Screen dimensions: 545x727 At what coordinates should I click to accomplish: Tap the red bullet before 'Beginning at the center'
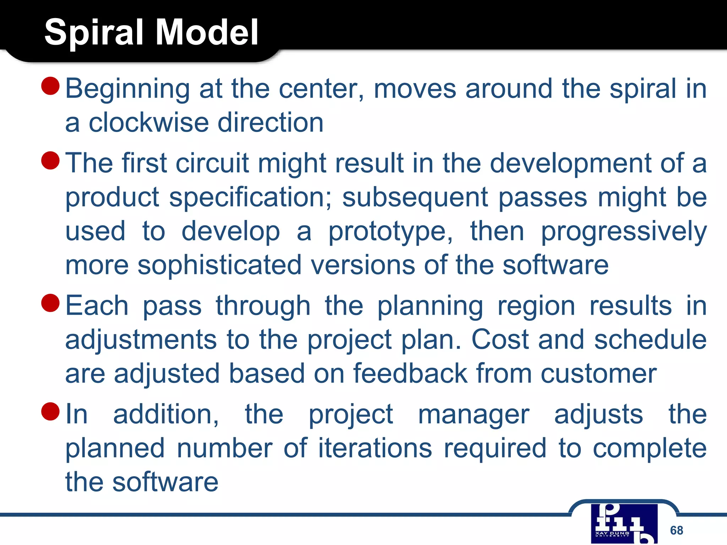pos(50,86)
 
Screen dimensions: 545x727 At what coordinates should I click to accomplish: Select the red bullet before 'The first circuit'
pos(50,160)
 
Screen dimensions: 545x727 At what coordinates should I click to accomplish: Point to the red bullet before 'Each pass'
pos(50,303)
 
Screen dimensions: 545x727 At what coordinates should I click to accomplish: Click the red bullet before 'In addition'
pos(50,411)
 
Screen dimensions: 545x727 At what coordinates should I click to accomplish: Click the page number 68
pos(676,530)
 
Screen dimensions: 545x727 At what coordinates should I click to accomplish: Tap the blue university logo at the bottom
pos(624,524)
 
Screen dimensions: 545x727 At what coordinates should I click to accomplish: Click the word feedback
pos(410,374)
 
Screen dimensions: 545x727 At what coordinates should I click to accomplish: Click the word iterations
pos(375,448)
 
